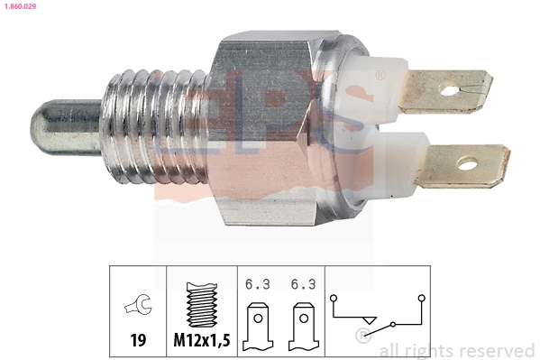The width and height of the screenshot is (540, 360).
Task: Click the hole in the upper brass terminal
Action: pos(447,89)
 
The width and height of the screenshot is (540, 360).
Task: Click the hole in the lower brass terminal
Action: pos(466,163)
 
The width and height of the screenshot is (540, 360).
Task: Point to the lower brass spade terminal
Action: pos(464,165)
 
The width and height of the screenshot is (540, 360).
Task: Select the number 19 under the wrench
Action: pos(138,340)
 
